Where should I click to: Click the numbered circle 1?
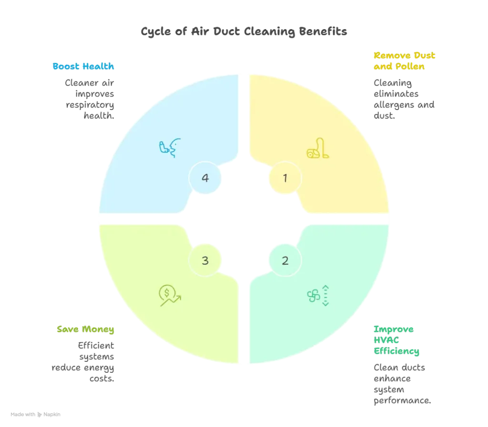click(x=285, y=178)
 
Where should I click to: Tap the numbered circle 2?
click(x=285, y=260)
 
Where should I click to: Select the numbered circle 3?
click(x=205, y=260)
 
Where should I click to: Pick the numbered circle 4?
click(x=205, y=178)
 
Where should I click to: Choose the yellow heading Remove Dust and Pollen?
click(x=405, y=62)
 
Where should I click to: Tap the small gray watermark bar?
click(x=34, y=415)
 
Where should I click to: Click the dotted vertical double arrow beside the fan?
click(x=326, y=295)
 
